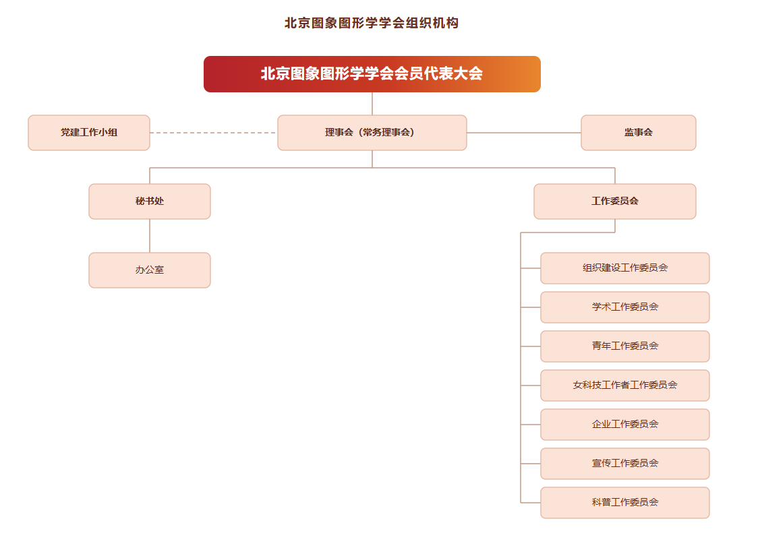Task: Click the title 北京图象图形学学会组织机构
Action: [x=372, y=23]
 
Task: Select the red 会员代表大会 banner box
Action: [x=372, y=73]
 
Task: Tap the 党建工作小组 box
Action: [x=89, y=132]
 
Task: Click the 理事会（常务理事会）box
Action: [x=372, y=132]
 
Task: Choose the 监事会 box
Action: [x=639, y=132]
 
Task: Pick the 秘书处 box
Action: [x=149, y=201]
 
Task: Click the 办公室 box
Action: [x=149, y=270]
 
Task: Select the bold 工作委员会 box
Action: [x=614, y=201]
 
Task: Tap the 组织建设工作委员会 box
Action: [x=624, y=268]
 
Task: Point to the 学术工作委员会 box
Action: [x=624, y=307]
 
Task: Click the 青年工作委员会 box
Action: [x=624, y=346]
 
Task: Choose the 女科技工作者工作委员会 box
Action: [x=624, y=385]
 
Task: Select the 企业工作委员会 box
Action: [x=624, y=425]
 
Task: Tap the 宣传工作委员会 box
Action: [x=624, y=464]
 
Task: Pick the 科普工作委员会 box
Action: [x=624, y=503]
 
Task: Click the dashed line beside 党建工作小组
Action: [x=213, y=132]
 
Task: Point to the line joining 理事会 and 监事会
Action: [x=524, y=132]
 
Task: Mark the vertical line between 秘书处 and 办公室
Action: [x=149, y=236]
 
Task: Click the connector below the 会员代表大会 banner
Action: [x=372, y=104]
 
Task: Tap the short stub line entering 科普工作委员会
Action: [x=530, y=503]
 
